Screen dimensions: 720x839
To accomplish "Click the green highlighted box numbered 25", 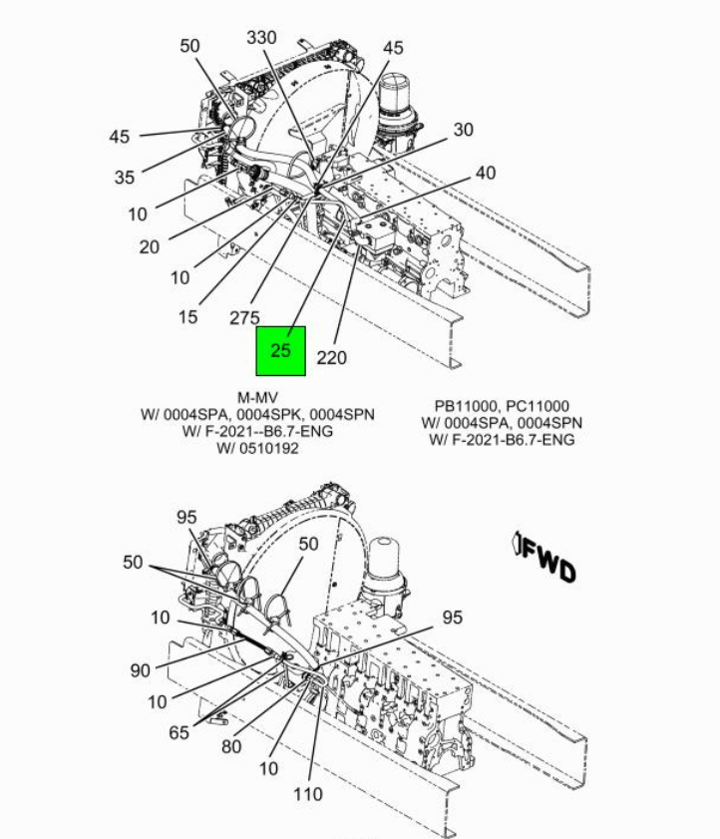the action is (281, 351).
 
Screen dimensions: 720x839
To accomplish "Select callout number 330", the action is (261, 38).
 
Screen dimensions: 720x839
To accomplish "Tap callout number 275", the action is (244, 318).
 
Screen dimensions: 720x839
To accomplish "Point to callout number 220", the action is (332, 357).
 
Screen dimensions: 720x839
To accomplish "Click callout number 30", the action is (464, 130).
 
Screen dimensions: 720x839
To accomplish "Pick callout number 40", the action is (486, 173).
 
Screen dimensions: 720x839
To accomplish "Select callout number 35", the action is (125, 178).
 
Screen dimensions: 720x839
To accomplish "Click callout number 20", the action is (150, 246).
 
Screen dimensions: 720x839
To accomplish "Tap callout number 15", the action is (187, 317).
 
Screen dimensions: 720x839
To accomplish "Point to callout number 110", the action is (308, 794).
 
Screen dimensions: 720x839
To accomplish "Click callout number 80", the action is (231, 746).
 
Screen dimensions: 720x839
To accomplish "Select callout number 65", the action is (179, 732).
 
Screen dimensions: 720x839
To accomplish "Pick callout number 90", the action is (141, 670).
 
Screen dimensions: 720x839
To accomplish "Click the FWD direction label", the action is (545, 557).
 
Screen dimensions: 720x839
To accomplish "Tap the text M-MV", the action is (257, 398).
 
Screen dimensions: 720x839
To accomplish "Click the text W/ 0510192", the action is (257, 448).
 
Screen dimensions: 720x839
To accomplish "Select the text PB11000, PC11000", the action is (502, 406).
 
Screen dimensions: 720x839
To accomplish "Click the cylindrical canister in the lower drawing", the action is (384, 569).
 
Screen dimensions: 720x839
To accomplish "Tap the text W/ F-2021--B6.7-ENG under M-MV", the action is (257, 431).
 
